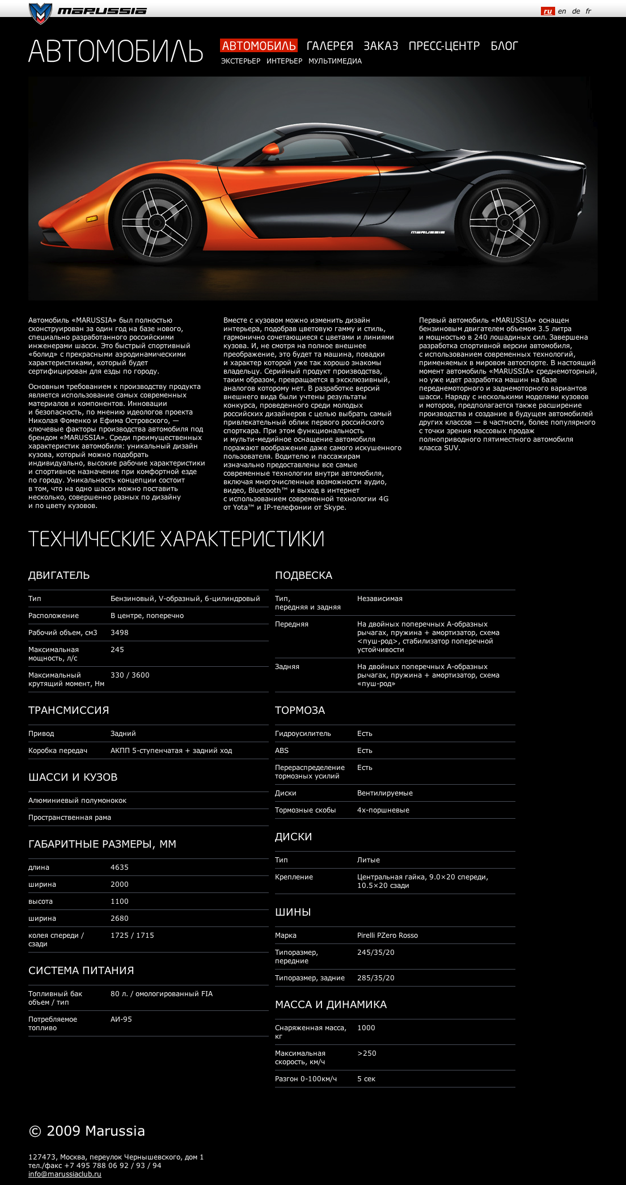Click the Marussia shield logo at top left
[40, 13]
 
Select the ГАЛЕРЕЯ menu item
[329, 46]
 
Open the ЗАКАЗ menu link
[380, 46]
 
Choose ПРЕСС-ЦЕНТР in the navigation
[444, 46]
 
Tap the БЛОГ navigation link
[504, 46]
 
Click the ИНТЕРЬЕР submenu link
[284, 61]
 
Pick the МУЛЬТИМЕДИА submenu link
[335, 61]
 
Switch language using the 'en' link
[562, 11]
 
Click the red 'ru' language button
[548, 11]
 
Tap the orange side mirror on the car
[272, 150]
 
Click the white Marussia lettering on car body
[428, 232]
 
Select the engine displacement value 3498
[120, 633]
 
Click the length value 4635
[120, 867]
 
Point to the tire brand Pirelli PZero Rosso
[387, 936]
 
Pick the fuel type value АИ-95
[121, 1019]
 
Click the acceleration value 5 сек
[366, 1079]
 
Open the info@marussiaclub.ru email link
[65, 1174]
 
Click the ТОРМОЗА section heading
[300, 710]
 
